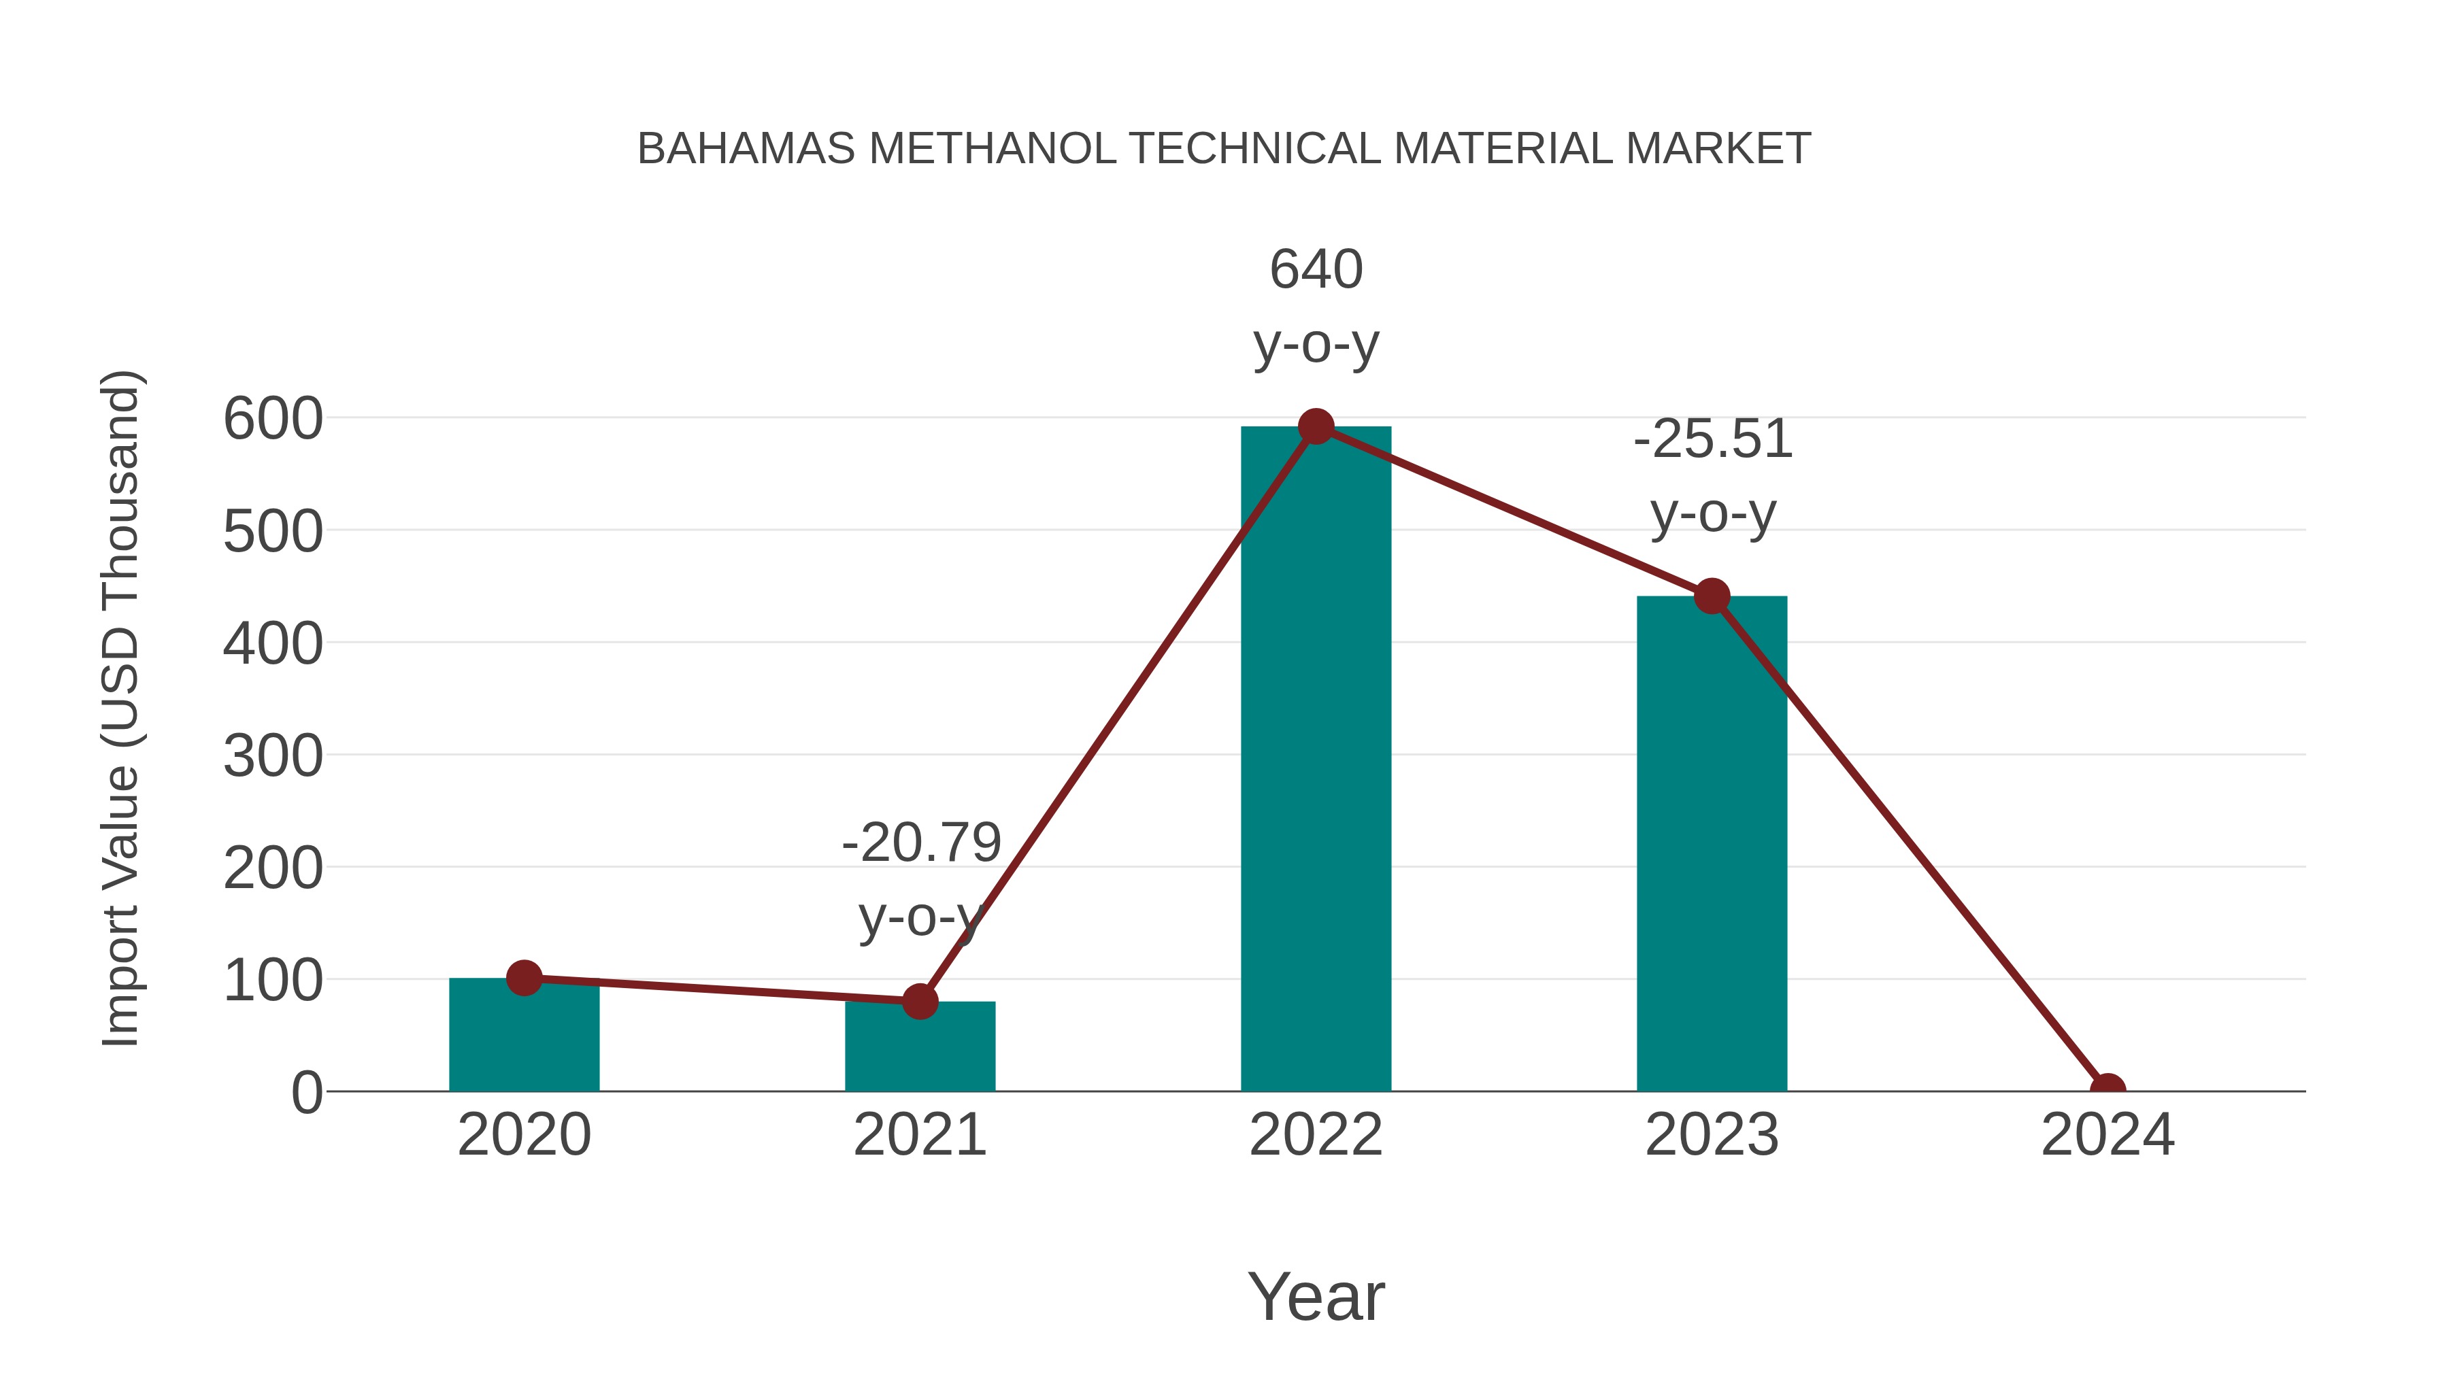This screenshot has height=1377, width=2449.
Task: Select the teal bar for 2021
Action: tap(919, 1050)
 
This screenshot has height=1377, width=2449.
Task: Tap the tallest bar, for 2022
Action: tap(1316, 760)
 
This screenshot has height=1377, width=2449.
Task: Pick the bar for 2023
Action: tap(1712, 846)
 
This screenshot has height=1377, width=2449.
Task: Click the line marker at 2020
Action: tap(524, 978)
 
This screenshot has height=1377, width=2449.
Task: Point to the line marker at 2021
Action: tap(919, 1001)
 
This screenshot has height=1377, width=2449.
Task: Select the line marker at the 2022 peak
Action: tap(1316, 426)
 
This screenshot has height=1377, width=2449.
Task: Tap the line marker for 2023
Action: tap(1712, 597)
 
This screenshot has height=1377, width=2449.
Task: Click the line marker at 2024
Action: tap(2107, 1089)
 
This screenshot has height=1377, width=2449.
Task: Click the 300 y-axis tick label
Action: tap(273, 758)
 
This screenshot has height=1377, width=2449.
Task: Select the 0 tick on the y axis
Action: tap(306, 1093)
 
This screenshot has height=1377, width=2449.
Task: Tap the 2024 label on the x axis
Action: tap(2107, 1135)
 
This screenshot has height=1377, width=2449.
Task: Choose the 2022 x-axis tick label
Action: tap(1316, 1135)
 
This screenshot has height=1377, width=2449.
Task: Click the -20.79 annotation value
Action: tap(921, 843)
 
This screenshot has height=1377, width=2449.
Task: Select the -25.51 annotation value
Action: tap(1712, 439)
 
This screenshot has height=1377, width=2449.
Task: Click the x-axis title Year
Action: tap(1316, 1296)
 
